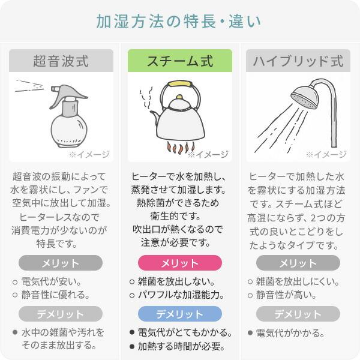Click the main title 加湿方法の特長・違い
(x=179, y=21)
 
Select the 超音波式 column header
(x=61, y=61)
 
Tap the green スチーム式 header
(x=180, y=61)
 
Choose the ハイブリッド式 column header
(x=298, y=61)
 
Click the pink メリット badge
(x=180, y=263)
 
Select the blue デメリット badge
(x=180, y=314)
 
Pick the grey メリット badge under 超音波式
(x=61, y=263)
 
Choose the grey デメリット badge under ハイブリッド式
(x=298, y=314)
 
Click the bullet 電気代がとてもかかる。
(x=185, y=332)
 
